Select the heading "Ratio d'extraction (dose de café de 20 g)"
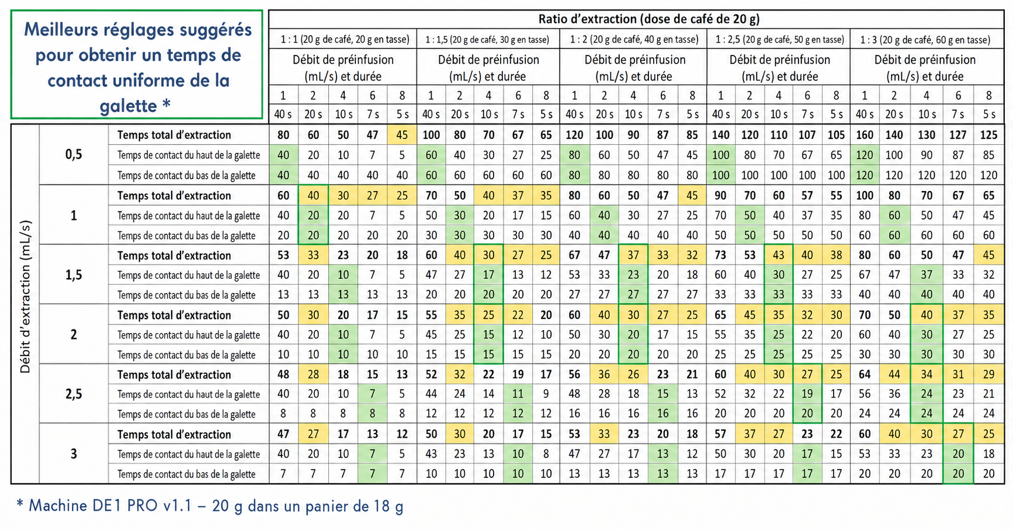pyautogui.click(x=649, y=19)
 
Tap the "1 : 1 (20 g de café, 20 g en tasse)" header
pyautogui.click(x=345, y=40)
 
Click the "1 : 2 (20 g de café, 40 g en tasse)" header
pyautogui.click(x=634, y=40)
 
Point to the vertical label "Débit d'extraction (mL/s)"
pyautogui.click(x=25, y=297)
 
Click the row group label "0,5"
pyautogui.click(x=74, y=155)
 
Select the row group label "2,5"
pyautogui.click(x=74, y=394)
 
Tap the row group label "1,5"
pyautogui.click(x=74, y=275)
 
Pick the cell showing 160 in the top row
pyautogui.click(x=865, y=135)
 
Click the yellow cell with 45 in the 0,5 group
pyautogui.click(x=402, y=135)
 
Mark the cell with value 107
pyautogui.click(x=807, y=135)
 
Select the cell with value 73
pyautogui.click(x=720, y=255)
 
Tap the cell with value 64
pyautogui.click(x=865, y=375)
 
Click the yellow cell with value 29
pyautogui.click(x=988, y=375)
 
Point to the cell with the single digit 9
pyautogui.click(x=546, y=394)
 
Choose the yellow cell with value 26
pyautogui.click(x=633, y=375)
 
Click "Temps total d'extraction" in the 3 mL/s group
pyautogui.click(x=174, y=434)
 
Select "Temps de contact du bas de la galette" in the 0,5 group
pyautogui.click(x=186, y=175)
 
